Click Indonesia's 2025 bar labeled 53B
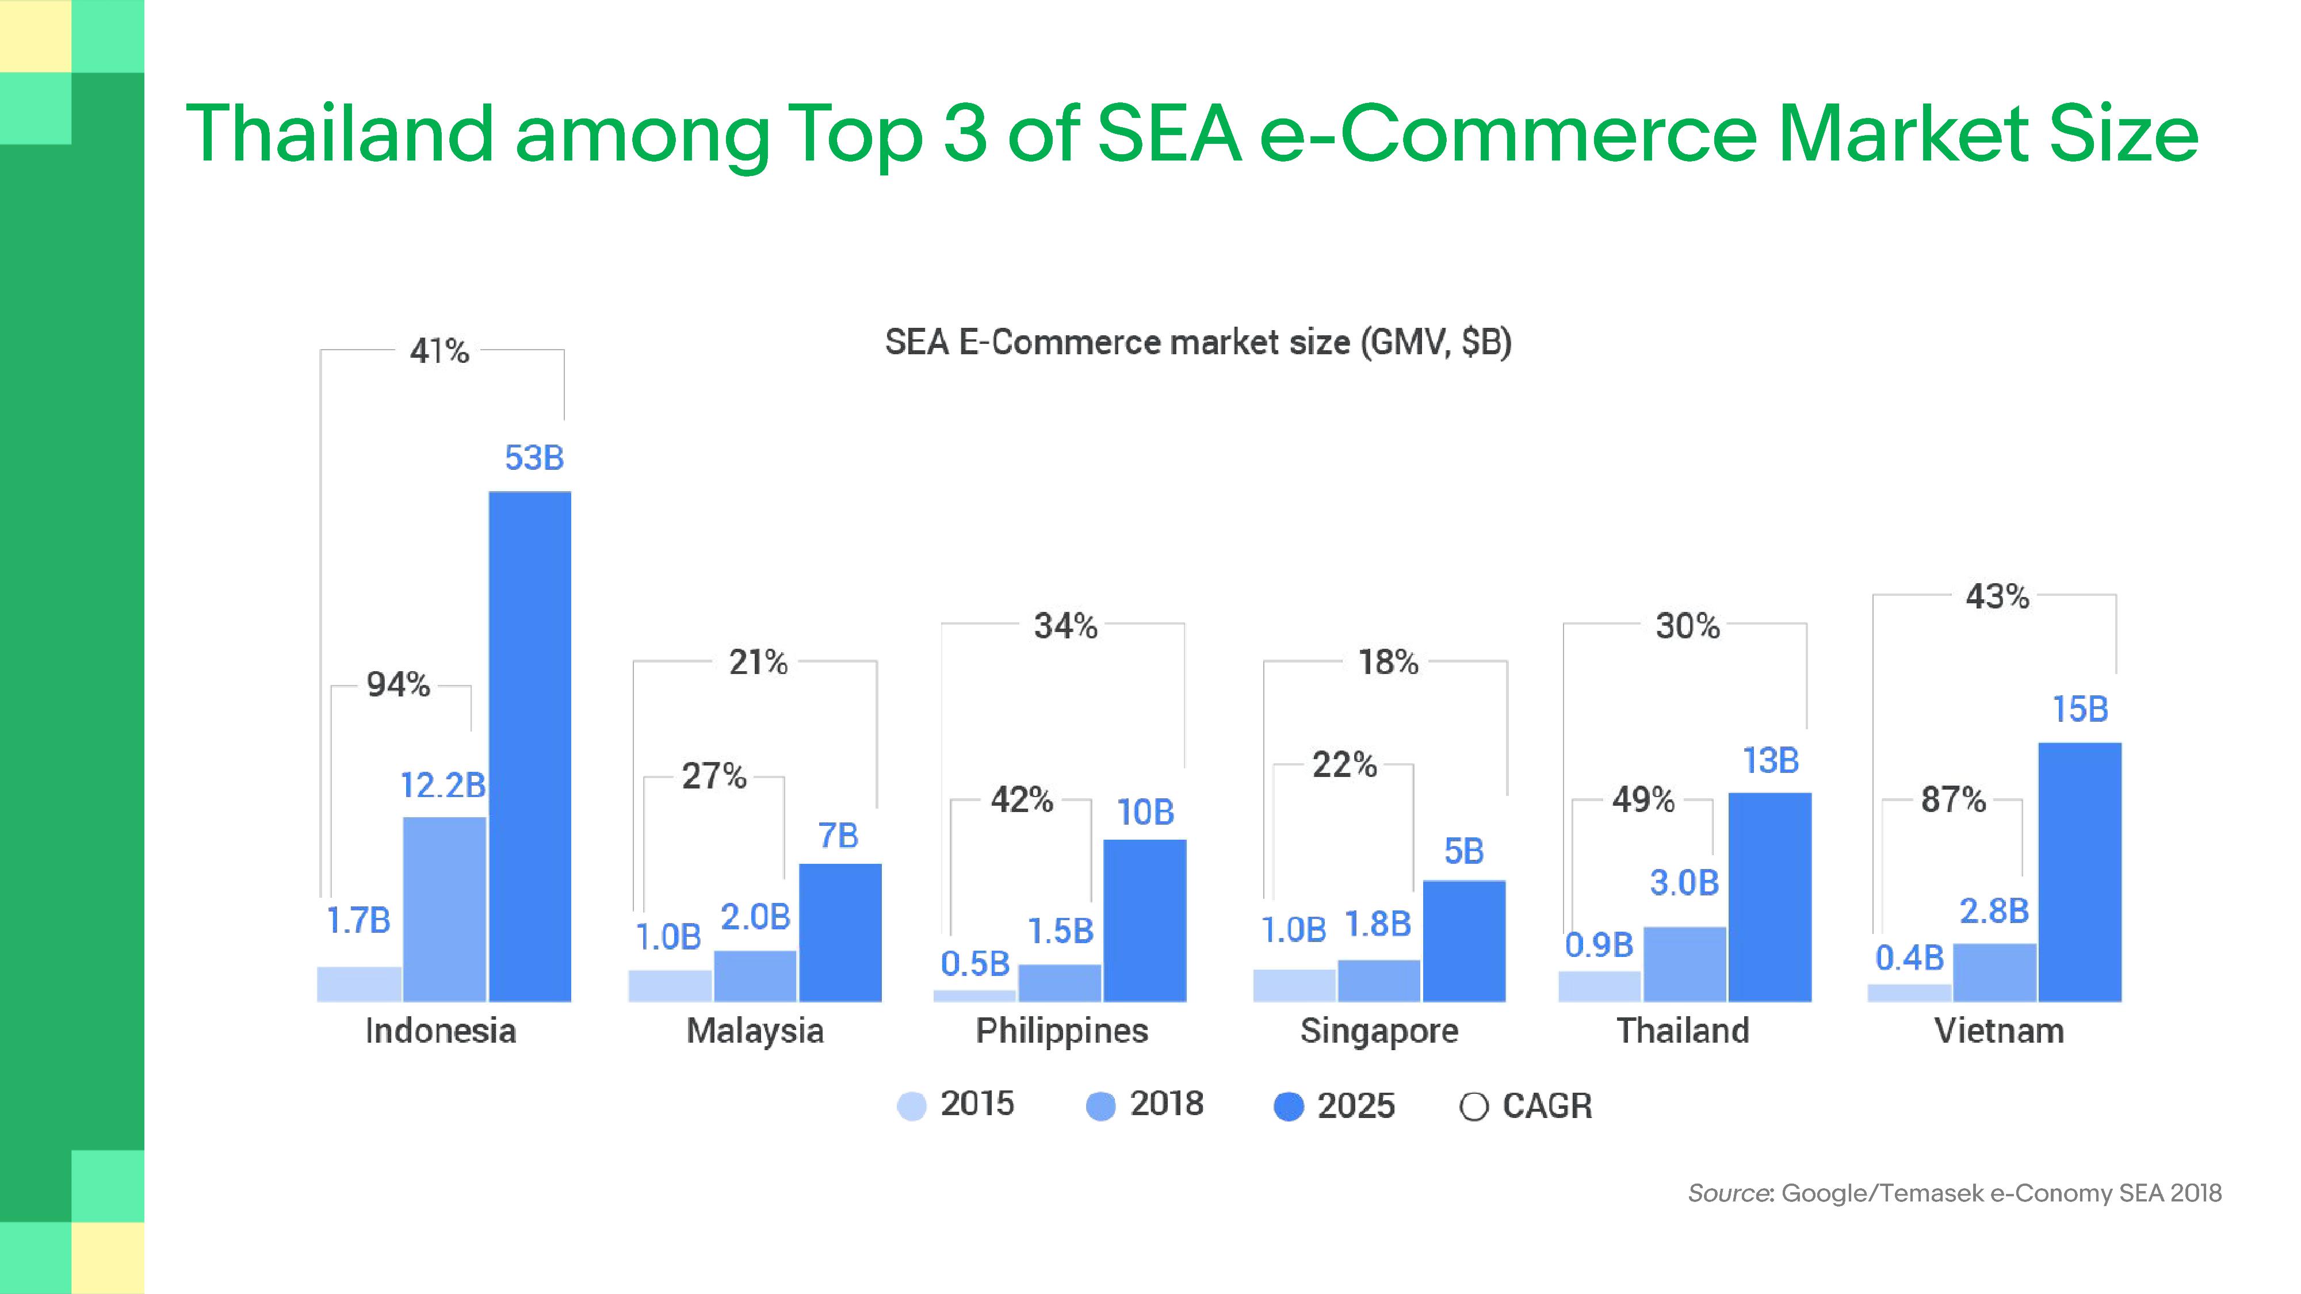click(x=530, y=746)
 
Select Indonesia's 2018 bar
click(x=445, y=909)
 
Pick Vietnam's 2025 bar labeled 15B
click(x=2080, y=872)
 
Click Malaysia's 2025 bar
click(x=840, y=932)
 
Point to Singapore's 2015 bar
click(x=1294, y=985)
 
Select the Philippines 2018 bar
click(x=1060, y=982)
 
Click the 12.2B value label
click(x=443, y=785)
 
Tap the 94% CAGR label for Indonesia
click(x=399, y=685)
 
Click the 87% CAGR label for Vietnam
click(x=1954, y=799)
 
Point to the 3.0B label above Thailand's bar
click(x=1684, y=882)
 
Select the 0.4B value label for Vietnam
click(x=1909, y=958)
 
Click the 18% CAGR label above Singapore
click(x=1388, y=663)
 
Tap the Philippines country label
click(x=1061, y=1031)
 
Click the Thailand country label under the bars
click(x=1683, y=1031)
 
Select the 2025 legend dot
click(x=1288, y=1107)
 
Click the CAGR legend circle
click(x=1474, y=1107)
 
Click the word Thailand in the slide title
click(x=339, y=133)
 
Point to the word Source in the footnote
click(x=1729, y=1193)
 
